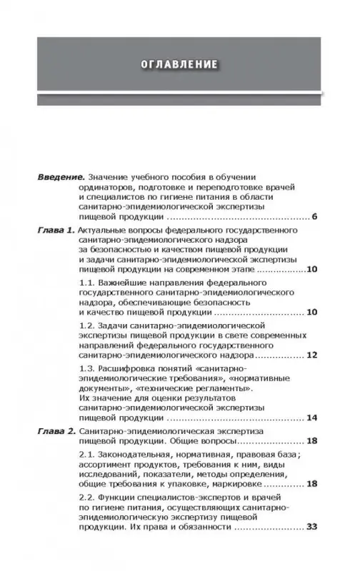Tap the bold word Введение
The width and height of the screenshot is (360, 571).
point(60,176)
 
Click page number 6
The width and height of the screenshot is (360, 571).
point(314,216)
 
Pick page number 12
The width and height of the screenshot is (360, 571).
point(310,353)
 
